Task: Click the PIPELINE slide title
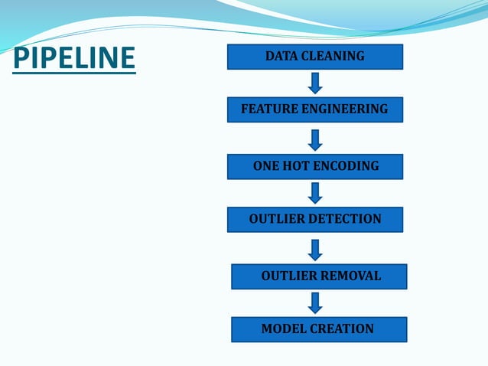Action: [x=74, y=57]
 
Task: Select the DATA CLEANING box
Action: [x=314, y=57]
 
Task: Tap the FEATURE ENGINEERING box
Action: [x=314, y=109]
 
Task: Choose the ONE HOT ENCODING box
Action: [x=314, y=166]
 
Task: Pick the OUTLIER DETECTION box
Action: [x=314, y=219]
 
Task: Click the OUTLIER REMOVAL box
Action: [x=319, y=276]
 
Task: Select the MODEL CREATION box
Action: [x=319, y=329]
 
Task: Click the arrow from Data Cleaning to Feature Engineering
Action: [x=315, y=83]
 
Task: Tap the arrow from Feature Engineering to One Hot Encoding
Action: [x=315, y=139]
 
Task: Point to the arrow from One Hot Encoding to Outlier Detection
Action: [x=315, y=192]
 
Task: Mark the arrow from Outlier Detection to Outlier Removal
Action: [x=315, y=249]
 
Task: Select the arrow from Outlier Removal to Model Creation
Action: [x=315, y=302]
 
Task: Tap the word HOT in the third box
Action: [x=298, y=165]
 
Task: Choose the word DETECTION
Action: [x=345, y=219]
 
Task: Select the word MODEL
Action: [x=284, y=328]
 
